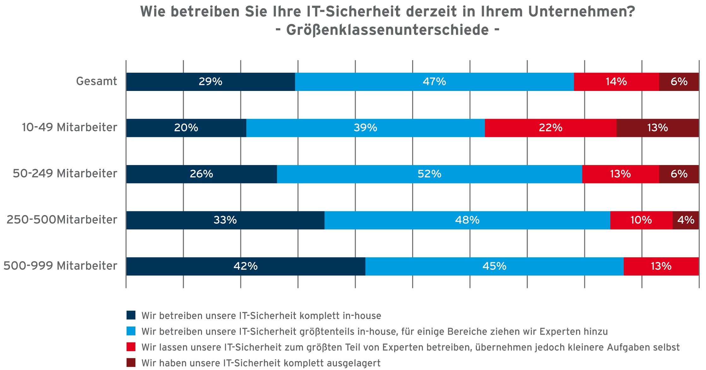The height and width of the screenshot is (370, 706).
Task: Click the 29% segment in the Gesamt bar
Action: tap(211, 82)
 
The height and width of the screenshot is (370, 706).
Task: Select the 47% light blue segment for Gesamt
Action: tap(434, 82)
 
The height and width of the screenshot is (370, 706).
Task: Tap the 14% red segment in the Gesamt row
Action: tap(616, 82)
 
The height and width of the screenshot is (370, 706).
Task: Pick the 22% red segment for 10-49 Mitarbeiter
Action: tap(550, 128)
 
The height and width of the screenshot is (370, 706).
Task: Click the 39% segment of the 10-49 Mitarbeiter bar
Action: tap(365, 128)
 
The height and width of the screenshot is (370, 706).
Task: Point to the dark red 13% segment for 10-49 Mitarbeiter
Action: tap(657, 128)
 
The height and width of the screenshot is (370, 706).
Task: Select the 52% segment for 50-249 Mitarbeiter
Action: tap(429, 174)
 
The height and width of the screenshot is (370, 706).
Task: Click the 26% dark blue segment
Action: tap(201, 174)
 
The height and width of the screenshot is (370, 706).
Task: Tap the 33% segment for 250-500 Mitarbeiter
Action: tap(225, 220)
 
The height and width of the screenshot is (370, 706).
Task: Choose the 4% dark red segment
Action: tap(685, 220)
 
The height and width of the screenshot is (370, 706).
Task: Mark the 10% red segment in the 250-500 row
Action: tap(641, 220)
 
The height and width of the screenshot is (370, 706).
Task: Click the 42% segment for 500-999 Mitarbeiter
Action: tap(246, 266)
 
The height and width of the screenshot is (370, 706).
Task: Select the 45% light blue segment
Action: tap(494, 266)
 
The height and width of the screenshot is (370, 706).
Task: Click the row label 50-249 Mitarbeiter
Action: tap(65, 174)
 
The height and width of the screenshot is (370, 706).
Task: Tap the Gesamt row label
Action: tap(96, 81)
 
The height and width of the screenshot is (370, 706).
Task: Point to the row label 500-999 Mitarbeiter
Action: tap(60, 266)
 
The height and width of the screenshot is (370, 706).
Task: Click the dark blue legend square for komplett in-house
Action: tap(131, 315)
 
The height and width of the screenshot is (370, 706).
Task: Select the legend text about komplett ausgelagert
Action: tap(261, 363)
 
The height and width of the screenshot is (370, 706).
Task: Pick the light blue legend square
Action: tap(131, 331)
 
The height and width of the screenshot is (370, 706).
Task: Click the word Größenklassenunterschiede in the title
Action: tap(388, 30)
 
